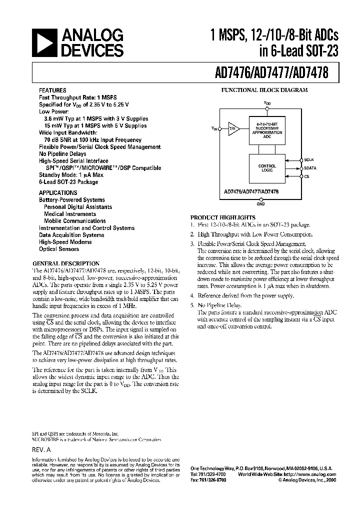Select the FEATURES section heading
point(52,91)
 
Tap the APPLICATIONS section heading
point(58,192)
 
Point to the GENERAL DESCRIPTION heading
point(66,263)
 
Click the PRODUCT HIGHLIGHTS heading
point(223,217)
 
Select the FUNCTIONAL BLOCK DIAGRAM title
point(264,90)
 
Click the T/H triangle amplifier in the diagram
point(233,128)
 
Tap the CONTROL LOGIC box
point(267,168)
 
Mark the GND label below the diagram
point(261,204)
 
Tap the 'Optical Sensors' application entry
point(59,249)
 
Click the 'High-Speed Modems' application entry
point(63,242)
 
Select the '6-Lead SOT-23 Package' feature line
point(68,182)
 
